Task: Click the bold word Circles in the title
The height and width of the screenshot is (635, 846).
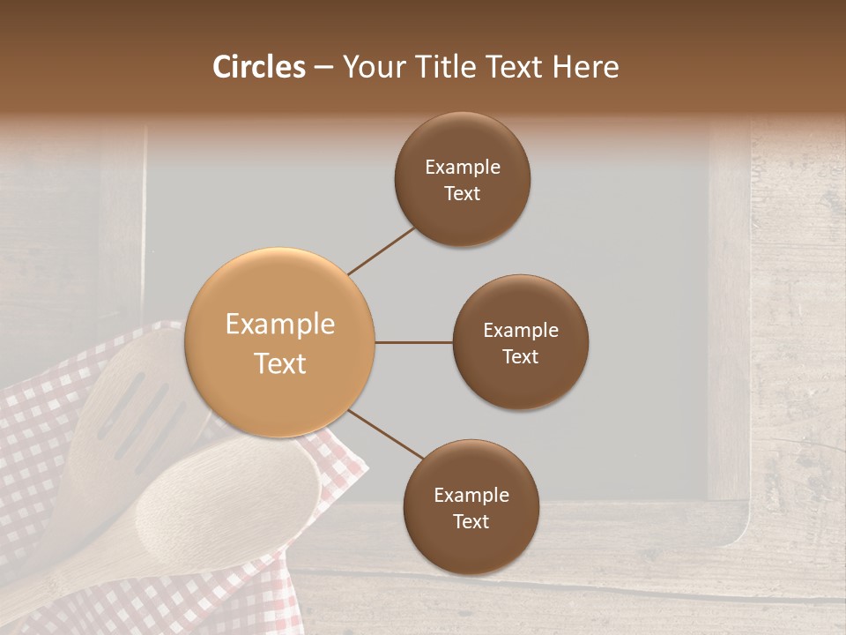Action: point(259,67)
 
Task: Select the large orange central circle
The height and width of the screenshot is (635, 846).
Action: point(280,343)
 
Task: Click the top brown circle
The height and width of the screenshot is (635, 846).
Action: point(462,180)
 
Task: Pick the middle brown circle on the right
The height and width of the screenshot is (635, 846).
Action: point(520,343)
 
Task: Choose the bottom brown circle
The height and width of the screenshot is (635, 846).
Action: point(471,508)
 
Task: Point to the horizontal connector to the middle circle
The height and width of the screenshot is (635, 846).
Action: point(413,342)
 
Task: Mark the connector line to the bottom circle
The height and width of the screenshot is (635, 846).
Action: point(386,434)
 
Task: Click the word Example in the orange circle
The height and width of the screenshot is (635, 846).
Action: point(280,325)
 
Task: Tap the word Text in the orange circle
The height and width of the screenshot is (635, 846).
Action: point(280,363)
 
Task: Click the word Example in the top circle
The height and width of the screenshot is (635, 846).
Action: point(462,167)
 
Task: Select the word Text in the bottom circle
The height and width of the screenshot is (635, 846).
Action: point(471,521)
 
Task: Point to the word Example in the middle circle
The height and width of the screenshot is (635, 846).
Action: point(520,330)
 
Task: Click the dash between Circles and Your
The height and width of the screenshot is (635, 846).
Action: point(323,68)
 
